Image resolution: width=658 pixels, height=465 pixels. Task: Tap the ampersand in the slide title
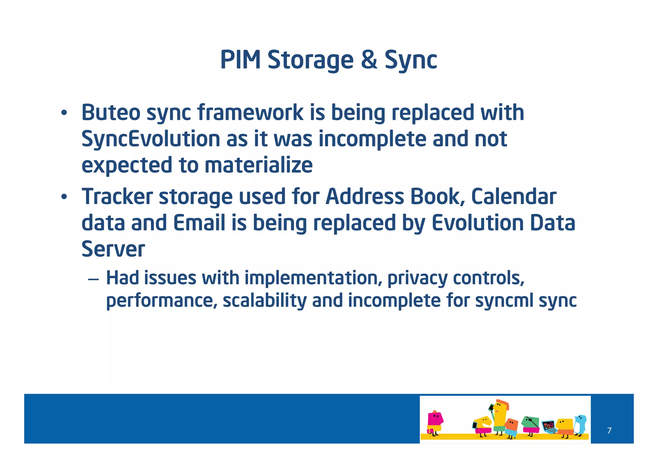coord(369,60)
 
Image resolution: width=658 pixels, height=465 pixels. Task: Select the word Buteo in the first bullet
coord(111,113)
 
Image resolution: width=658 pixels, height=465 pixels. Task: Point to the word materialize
coord(258,165)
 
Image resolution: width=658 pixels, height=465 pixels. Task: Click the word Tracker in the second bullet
coord(117,197)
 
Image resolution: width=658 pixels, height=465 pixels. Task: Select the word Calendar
coord(513,197)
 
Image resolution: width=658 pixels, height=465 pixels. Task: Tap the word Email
coord(199,223)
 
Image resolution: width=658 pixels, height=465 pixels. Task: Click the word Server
coord(113,249)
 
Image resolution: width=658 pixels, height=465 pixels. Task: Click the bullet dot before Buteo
coord(64,113)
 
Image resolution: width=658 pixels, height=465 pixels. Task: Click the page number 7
coord(609,430)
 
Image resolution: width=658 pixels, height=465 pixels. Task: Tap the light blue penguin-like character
coord(581,424)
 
